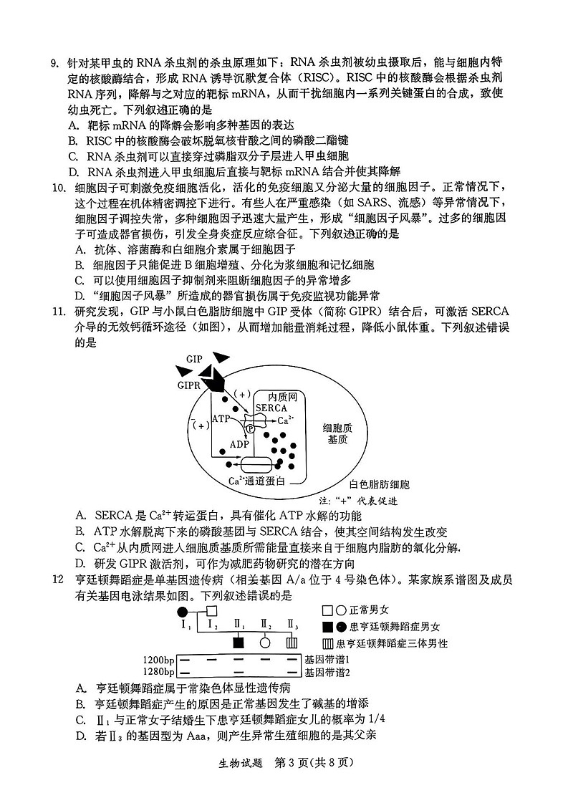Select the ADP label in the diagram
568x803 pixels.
[x=239, y=444]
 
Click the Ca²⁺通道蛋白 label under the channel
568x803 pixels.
[x=256, y=481]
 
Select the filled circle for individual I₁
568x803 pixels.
[x=183, y=611]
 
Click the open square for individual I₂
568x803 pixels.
[x=211, y=611]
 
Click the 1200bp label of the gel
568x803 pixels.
[x=158, y=659]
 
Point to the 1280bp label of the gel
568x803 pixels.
[x=158, y=672]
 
